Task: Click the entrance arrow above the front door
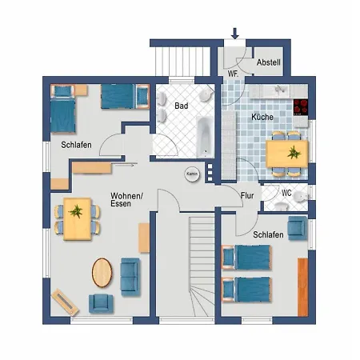point(235,34)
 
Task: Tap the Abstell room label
point(269,62)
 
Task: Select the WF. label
point(233,74)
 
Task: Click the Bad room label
point(182,106)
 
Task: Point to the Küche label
point(262,117)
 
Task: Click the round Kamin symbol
point(192,174)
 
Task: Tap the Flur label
point(247,195)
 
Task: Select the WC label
point(286,193)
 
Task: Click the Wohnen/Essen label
point(126,200)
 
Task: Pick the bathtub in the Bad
point(205,137)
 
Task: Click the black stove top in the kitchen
point(301,107)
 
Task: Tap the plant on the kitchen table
point(294,153)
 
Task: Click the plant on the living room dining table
point(76,211)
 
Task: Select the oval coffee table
point(102,272)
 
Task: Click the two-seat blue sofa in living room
point(130,277)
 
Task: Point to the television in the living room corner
point(65,302)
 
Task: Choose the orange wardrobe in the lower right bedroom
point(302,287)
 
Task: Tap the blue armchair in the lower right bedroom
point(297,228)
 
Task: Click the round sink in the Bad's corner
point(206,94)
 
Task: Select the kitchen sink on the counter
point(279,90)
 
